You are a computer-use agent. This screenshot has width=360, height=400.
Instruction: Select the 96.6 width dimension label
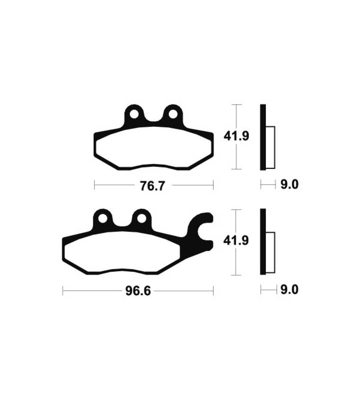(138, 291)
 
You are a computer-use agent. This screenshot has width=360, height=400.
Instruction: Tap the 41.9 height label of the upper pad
(236, 136)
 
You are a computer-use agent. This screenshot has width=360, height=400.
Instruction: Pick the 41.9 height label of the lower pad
(236, 240)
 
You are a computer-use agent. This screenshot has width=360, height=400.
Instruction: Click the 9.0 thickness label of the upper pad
(289, 184)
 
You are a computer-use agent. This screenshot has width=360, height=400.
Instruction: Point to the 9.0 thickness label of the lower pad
(289, 290)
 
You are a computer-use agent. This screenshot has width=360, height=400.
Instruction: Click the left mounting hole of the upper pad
(134, 114)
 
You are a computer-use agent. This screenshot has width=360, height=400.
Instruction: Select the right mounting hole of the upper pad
(173, 114)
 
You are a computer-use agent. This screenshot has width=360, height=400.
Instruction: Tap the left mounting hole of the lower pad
(102, 219)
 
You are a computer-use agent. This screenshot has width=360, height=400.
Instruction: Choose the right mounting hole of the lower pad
(141, 219)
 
